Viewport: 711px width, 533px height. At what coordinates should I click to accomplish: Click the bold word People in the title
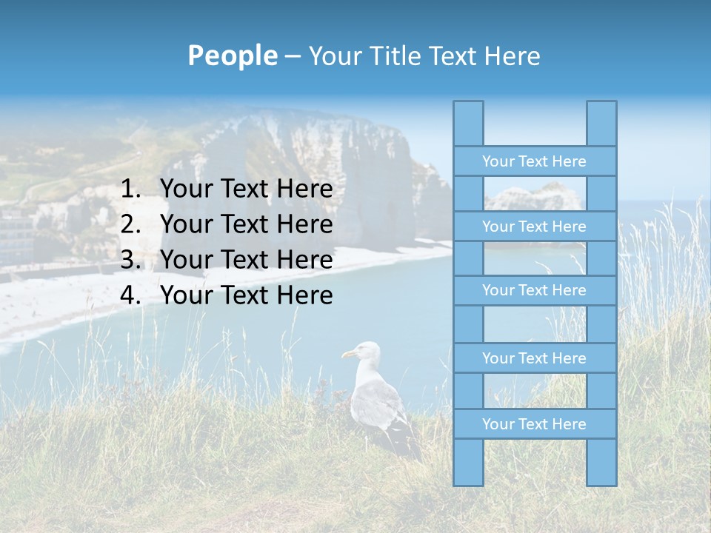(x=232, y=56)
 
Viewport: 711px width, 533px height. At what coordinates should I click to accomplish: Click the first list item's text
(x=246, y=190)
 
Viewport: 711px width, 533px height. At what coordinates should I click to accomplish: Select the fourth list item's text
(x=246, y=295)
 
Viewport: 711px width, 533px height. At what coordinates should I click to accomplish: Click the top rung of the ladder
(x=534, y=161)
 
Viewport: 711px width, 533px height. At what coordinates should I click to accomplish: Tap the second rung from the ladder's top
(x=534, y=227)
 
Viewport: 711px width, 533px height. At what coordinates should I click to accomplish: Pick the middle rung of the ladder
(x=534, y=290)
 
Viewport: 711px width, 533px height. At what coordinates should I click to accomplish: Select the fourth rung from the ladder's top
(x=534, y=358)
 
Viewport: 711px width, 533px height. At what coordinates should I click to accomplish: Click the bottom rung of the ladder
(x=534, y=424)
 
